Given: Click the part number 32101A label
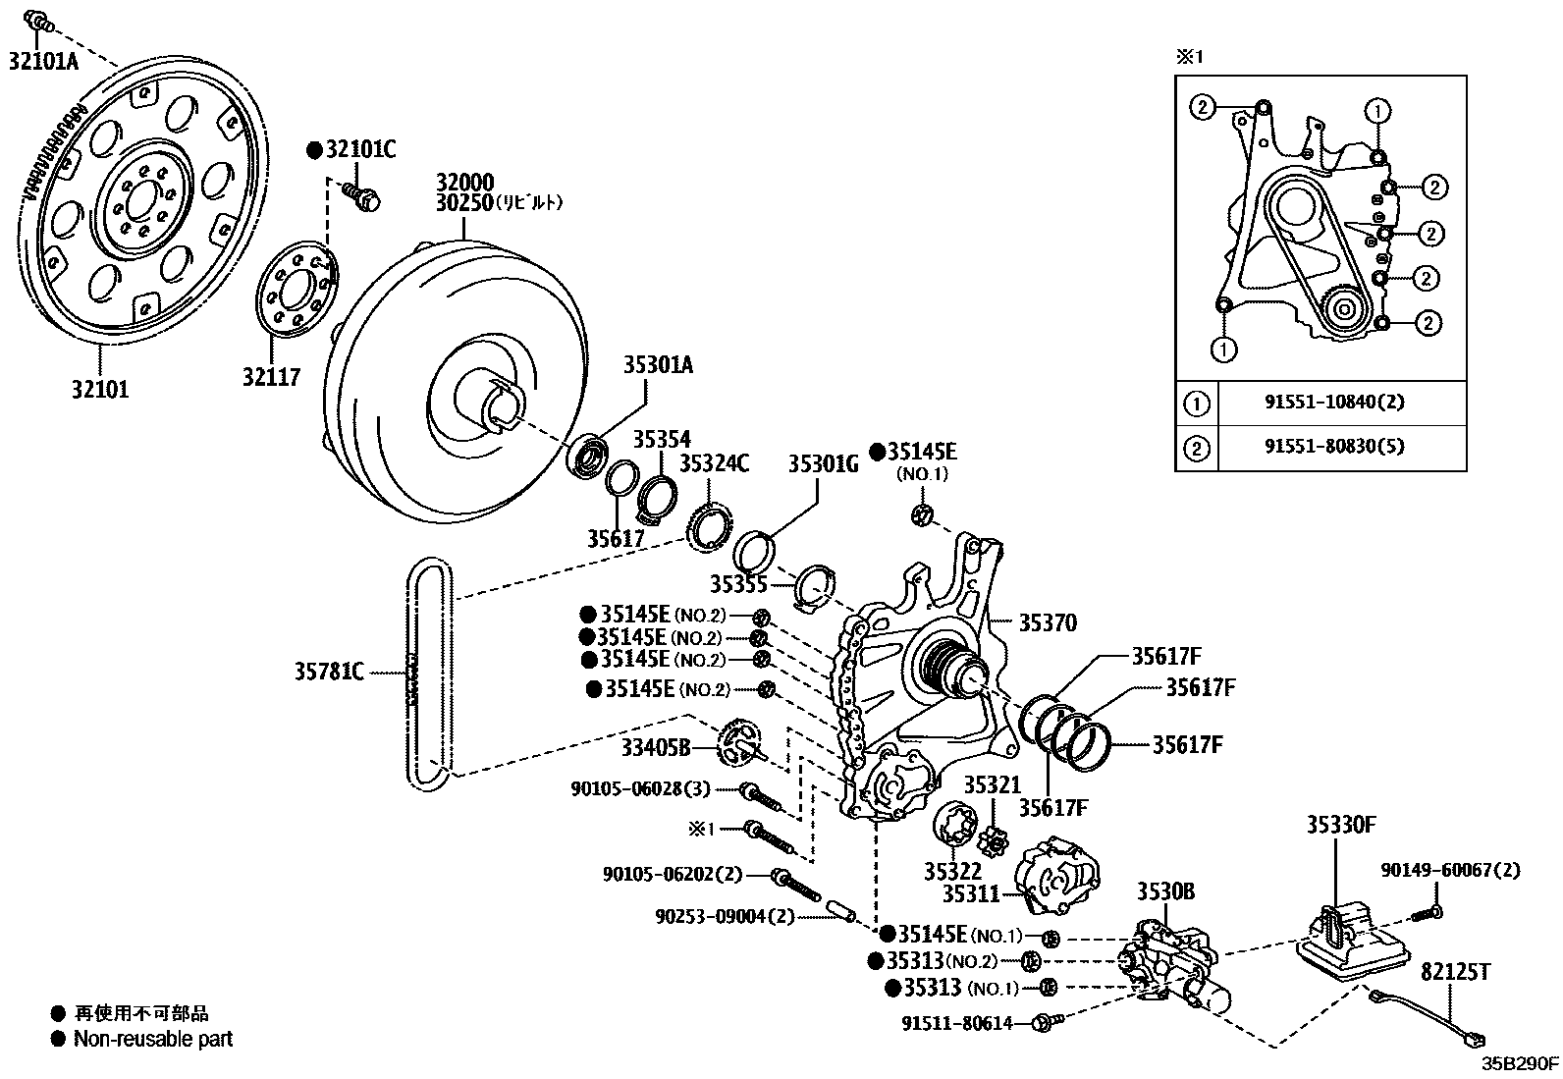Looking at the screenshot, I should (x=43, y=61).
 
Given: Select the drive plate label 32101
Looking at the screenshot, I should (x=99, y=389).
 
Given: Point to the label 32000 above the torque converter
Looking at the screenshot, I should (x=465, y=183).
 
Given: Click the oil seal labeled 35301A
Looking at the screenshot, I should (x=592, y=458).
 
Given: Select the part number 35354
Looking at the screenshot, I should (x=661, y=439).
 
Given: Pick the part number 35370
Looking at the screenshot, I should (x=1047, y=622).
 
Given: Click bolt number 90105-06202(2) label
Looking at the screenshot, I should (x=673, y=874).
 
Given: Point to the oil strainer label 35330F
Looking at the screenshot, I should (x=1341, y=825).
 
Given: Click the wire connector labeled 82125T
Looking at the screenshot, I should (x=1473, y=1037).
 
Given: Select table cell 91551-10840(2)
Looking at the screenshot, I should (x=1333, y=403).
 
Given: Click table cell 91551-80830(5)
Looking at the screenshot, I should (x=1333, y=447).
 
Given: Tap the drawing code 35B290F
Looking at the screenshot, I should (x=1520, y=1062).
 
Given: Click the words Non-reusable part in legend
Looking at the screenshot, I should (x=153, y=1038).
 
